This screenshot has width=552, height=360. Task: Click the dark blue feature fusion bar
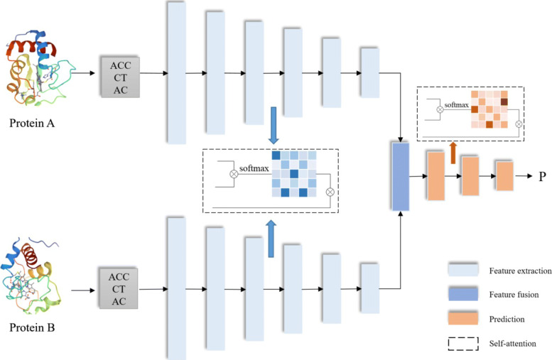point(401,176)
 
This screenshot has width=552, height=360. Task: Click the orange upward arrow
point(453,151)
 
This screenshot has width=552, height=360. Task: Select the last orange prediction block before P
point(505,175)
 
